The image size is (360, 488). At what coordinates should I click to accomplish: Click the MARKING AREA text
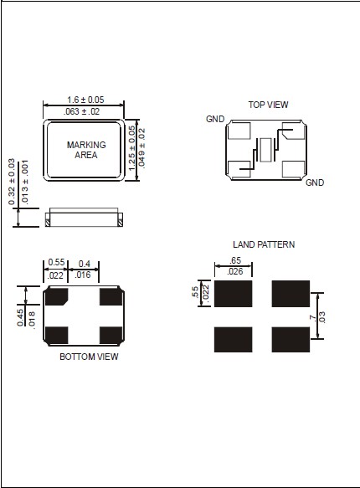point(86,150)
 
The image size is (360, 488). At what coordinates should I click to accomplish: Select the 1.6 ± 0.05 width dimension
point(85,100)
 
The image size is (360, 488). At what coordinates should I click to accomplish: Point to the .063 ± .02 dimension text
point(81,111)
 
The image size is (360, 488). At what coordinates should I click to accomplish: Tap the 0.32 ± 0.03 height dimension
point(12,182)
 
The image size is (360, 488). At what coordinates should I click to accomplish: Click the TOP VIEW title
point(268,105)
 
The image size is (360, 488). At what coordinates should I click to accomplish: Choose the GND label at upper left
point(215,119)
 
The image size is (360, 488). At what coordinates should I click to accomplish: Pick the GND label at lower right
point(315,182)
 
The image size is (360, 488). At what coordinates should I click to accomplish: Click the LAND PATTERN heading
point(264,244)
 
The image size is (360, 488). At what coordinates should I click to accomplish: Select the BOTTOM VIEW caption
point(89,357)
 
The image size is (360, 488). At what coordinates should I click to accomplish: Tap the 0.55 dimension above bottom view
point(56,262)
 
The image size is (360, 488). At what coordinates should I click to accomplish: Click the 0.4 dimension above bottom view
point(85,264)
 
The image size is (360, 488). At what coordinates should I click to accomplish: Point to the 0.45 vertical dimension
point(20,317)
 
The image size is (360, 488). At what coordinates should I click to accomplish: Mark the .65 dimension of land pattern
point(235,260)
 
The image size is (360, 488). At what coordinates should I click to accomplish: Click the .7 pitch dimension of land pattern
point(312,318)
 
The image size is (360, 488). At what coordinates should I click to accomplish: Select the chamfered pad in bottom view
point(56,296)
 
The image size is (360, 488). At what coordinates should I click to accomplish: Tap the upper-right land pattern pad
point(291,294)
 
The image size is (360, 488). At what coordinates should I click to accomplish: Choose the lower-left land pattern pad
point(233,340)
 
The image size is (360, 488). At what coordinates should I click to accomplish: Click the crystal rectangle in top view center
point(265,150)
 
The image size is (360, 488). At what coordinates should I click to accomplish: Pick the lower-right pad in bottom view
point(111,336)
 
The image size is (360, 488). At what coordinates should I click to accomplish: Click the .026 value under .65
point(235,272)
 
